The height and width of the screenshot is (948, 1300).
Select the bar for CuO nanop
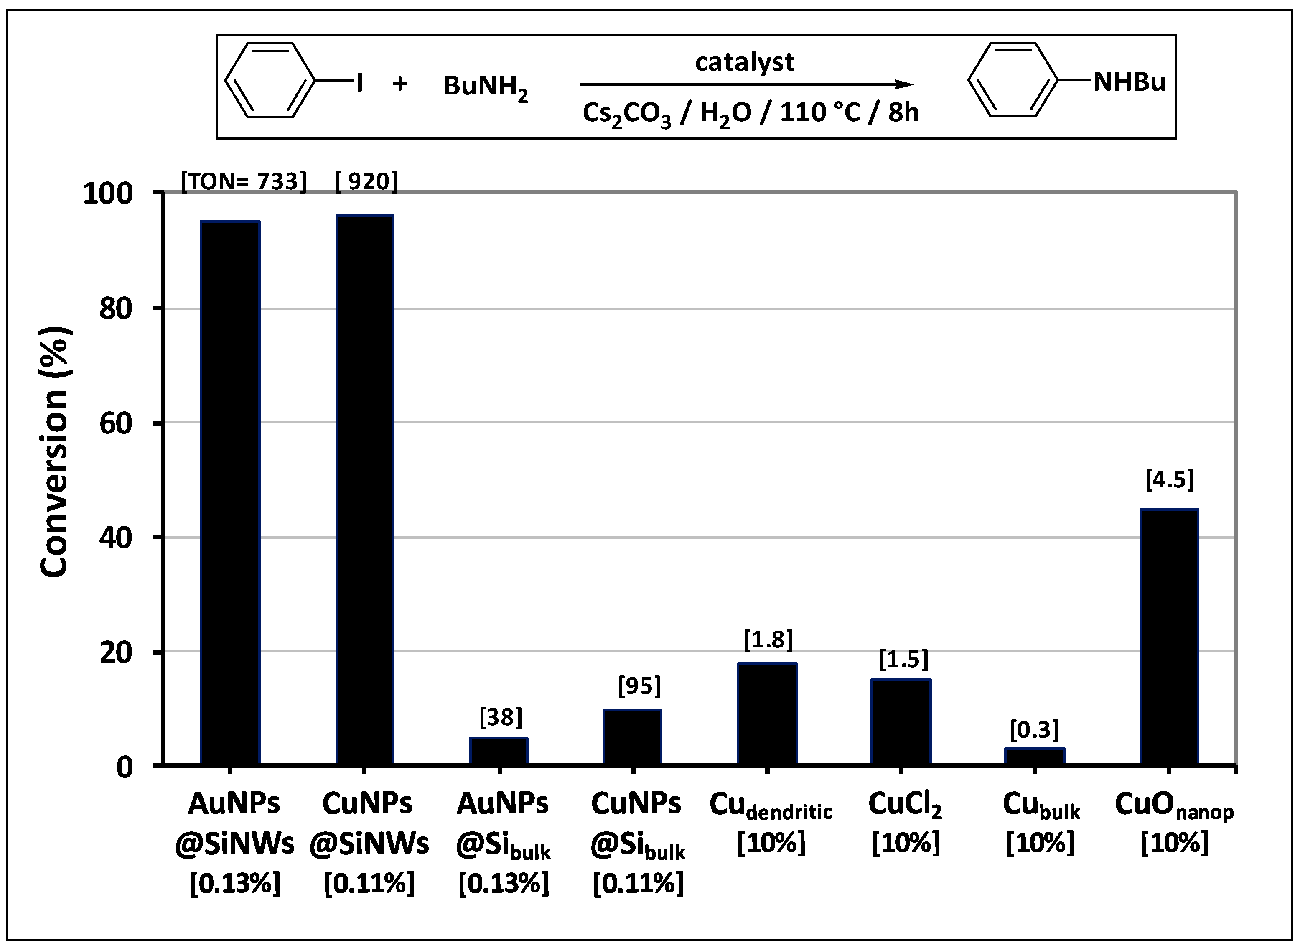(x=1169, y=637)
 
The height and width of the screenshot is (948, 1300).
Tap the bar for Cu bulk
(x=1034, y=756)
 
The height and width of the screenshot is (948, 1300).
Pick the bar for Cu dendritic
(x=767, y=713)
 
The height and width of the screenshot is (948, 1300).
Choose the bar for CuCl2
(x=901, y=721)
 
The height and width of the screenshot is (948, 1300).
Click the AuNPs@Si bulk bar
(x=499, y=751)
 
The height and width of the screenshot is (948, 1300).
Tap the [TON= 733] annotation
(x=244, y=181)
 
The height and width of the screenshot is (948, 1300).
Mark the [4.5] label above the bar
(x=1169, y=480)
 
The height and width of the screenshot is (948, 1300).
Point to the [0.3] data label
(x=1034, y=729)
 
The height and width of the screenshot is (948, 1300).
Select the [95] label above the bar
(x=639, y=686)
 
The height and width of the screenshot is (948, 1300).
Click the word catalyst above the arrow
(x=745, y=61)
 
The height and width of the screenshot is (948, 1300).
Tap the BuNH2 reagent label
(x=485, y=88)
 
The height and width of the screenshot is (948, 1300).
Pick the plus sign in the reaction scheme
(x=400, y=84)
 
